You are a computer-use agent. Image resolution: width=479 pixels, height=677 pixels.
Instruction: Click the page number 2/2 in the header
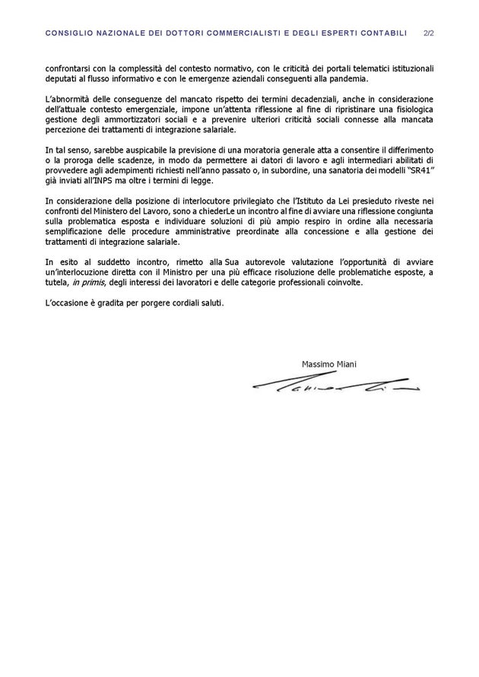(x=428, y=33)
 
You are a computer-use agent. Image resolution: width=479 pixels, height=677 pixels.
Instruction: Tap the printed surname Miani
(x=346, y=364)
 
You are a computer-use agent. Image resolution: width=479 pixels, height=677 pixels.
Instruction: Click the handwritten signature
(x=335, y=387)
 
